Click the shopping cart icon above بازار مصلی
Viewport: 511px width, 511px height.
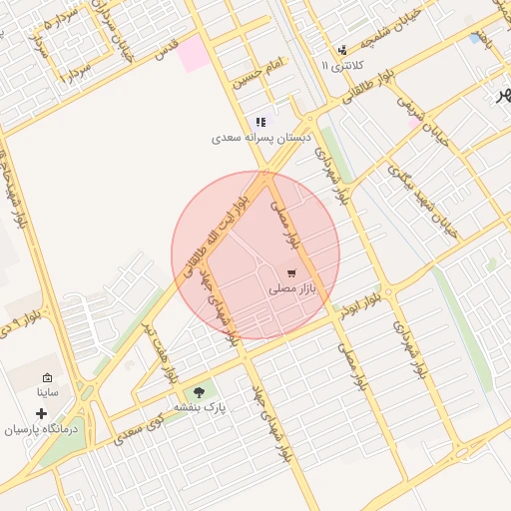[290, 272]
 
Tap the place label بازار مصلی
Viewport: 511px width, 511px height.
[291, 288]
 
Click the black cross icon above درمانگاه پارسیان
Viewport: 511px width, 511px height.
[40, 412]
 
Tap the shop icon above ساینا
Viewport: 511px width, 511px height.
[47, 377]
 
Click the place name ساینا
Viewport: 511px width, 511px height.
[47, 392]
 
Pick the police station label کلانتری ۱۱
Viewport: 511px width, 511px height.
[342, 65]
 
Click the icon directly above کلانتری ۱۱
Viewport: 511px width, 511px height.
[342, 49]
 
